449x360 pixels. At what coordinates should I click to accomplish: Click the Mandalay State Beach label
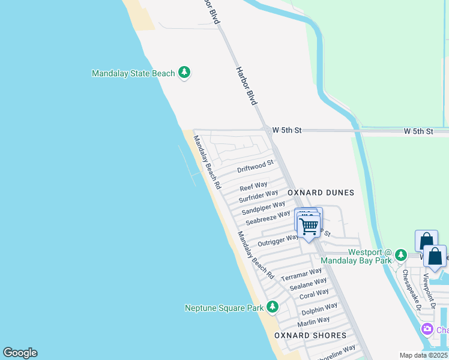133,74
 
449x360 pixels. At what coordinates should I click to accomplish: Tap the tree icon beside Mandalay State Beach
184,73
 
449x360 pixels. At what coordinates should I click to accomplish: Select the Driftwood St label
255,166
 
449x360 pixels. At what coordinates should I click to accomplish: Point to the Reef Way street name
253,186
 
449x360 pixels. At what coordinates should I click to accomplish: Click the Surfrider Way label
258,196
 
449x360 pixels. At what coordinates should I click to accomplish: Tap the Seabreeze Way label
268,218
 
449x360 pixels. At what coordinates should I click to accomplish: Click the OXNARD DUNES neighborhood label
321,193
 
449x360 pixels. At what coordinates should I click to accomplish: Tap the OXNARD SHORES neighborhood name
310,335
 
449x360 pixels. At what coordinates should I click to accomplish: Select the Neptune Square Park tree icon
273,308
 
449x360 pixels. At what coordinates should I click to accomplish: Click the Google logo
20,353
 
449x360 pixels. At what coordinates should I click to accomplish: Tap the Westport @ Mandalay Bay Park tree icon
402,256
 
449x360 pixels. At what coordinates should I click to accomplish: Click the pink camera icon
427,329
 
